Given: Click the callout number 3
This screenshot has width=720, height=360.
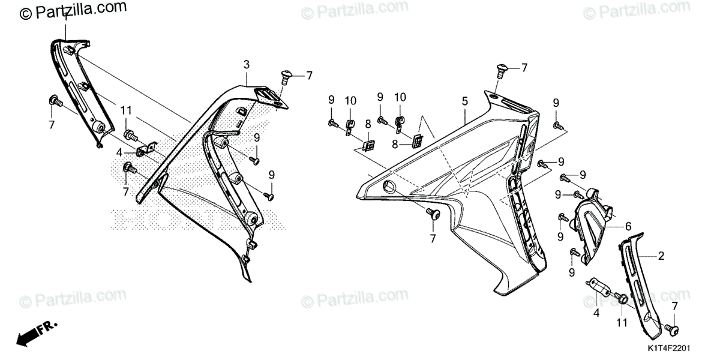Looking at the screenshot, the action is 246,64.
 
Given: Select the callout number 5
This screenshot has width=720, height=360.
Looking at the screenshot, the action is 465,103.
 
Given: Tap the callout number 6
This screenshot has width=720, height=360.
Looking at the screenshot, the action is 628,226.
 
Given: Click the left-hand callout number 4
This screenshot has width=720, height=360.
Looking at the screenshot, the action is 119,152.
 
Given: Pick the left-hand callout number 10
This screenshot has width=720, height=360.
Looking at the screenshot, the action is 350,99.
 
